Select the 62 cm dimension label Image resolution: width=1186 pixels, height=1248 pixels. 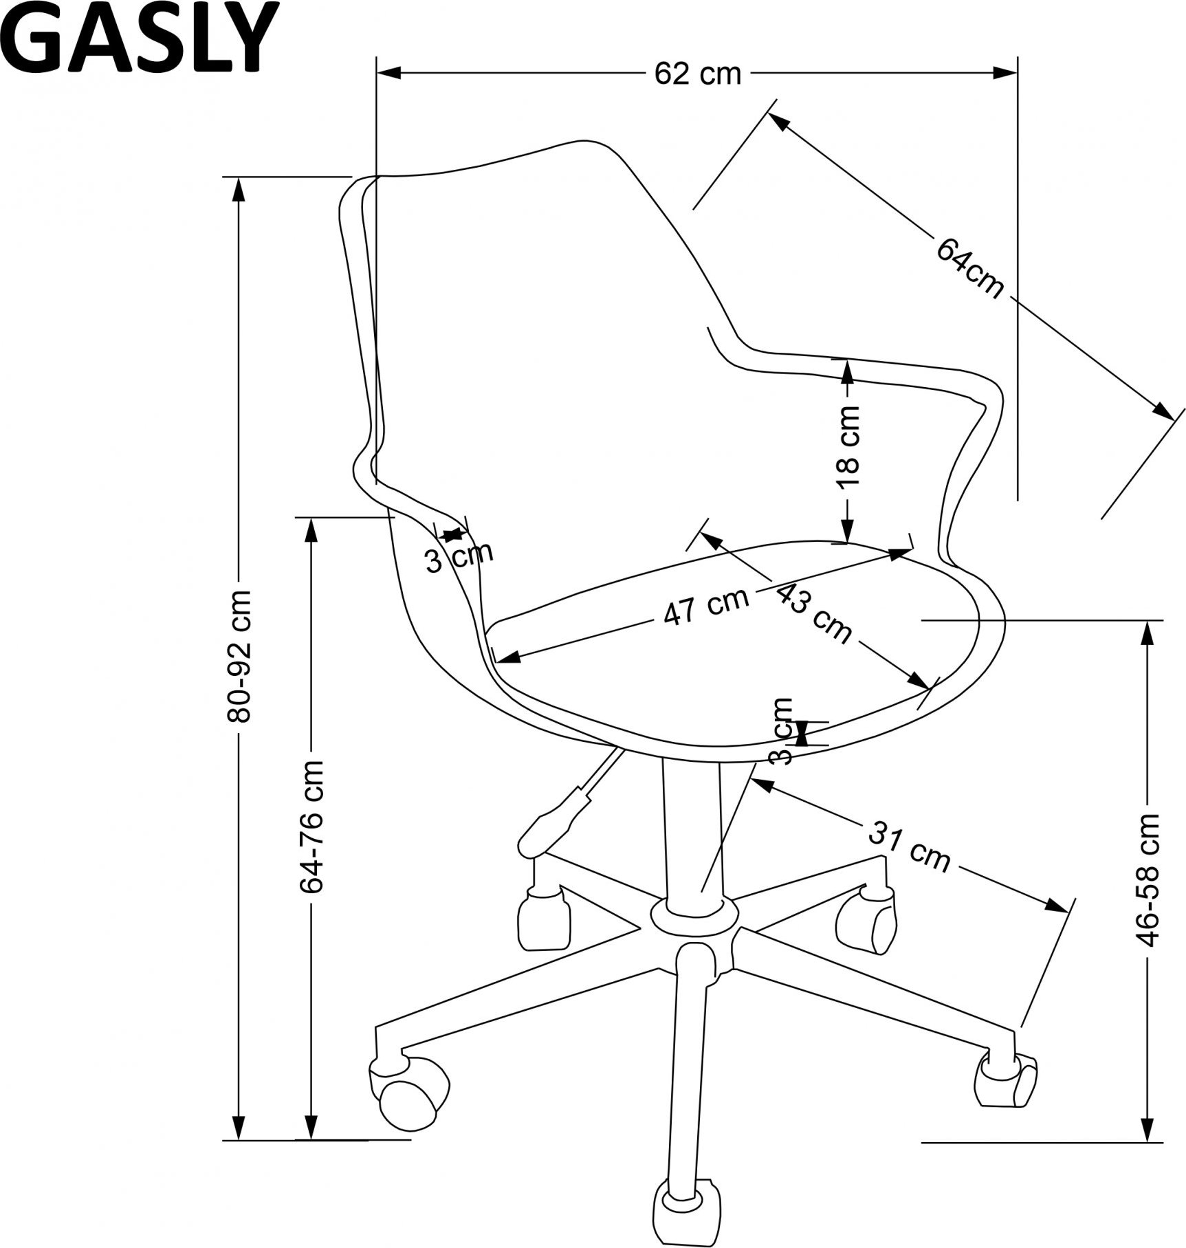[698, 74]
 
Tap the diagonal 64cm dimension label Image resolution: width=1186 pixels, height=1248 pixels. [969, 267]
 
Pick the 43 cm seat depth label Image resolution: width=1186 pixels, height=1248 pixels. [814, 613]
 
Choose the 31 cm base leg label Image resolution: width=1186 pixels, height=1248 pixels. [909, 846]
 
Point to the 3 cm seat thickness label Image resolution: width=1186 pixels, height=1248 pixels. [782, 730]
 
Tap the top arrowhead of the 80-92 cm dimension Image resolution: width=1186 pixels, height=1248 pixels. [239, 190]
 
